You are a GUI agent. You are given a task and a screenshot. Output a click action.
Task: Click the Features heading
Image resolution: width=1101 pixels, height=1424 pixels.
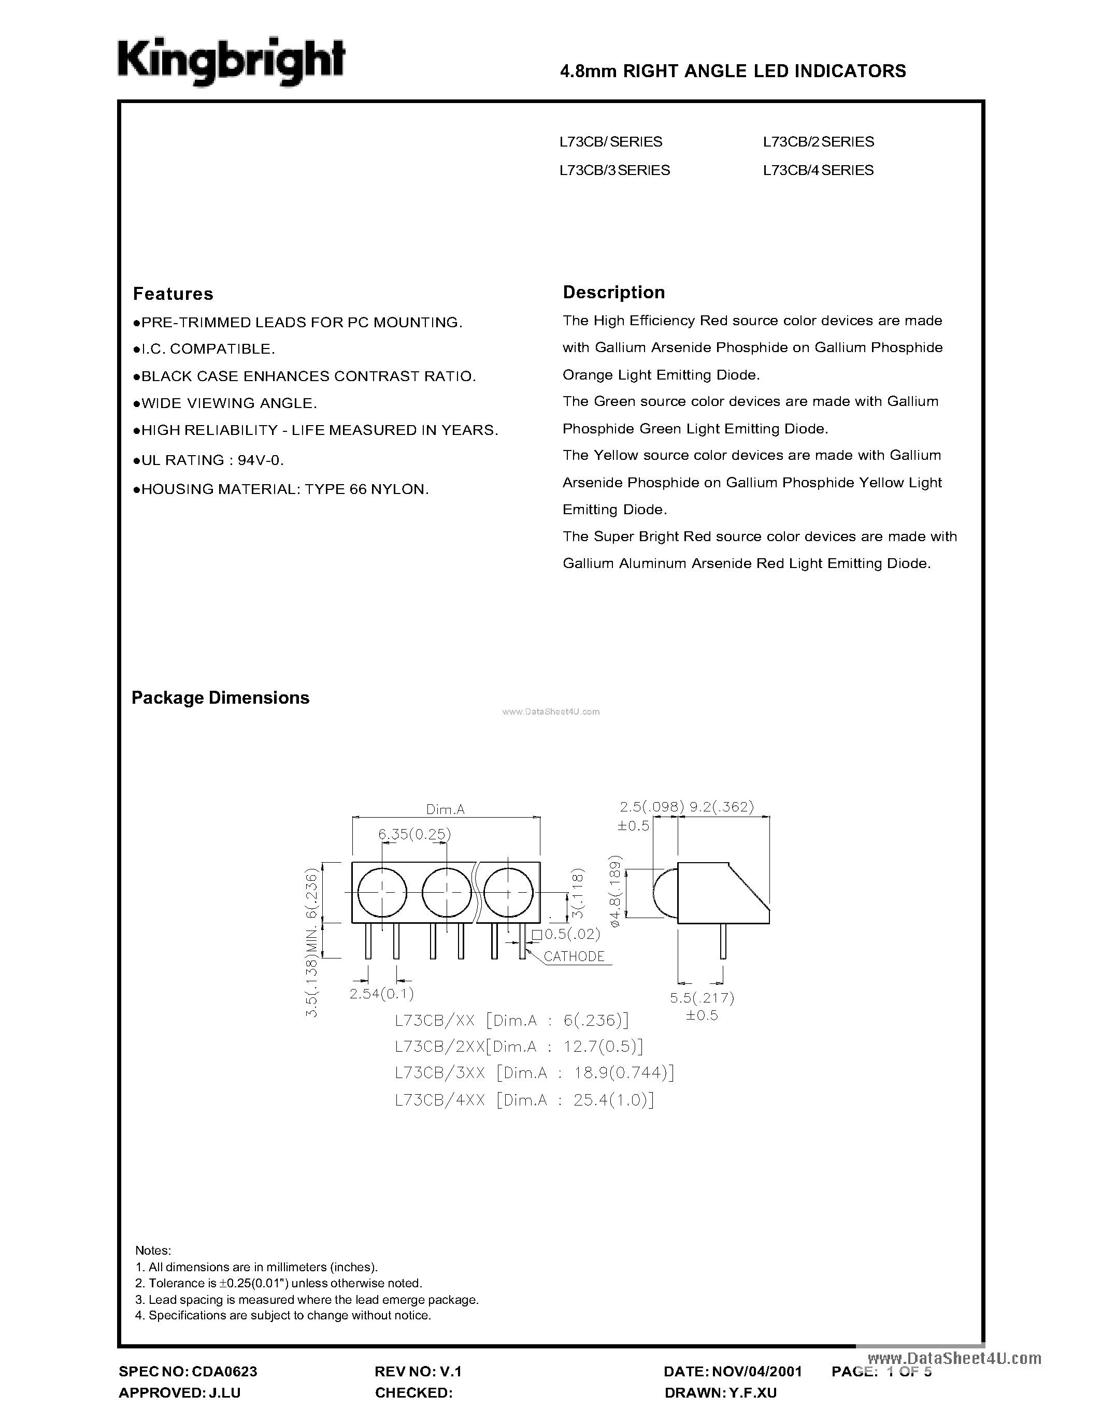173,294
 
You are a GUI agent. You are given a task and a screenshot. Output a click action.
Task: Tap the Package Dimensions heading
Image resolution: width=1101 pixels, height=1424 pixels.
221,698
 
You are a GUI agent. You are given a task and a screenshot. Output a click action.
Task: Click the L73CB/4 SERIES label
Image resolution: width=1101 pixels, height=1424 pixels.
818,170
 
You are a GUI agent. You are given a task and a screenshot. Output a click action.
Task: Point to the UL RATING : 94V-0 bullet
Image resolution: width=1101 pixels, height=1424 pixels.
209,460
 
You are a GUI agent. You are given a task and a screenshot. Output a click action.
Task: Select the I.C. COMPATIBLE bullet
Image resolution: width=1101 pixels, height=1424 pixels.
204,350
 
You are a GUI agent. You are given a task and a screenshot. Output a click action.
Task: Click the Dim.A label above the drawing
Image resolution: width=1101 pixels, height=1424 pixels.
445,809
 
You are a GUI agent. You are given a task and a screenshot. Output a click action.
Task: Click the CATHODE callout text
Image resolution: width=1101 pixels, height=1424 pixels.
574,956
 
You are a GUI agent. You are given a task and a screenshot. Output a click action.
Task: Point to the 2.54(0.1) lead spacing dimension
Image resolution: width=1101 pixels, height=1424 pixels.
381,994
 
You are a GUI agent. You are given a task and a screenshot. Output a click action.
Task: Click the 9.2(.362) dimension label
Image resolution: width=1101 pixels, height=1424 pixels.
721,807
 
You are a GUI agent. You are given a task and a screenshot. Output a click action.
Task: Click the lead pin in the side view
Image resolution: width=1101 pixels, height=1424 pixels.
723,941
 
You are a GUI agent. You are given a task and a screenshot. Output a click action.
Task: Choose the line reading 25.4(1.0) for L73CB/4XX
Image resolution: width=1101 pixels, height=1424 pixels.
524,1100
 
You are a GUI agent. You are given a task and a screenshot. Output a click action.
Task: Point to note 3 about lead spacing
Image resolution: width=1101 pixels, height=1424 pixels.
307,1300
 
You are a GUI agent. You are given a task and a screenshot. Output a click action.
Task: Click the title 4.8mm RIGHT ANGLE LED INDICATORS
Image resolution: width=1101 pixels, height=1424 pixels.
733,71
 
